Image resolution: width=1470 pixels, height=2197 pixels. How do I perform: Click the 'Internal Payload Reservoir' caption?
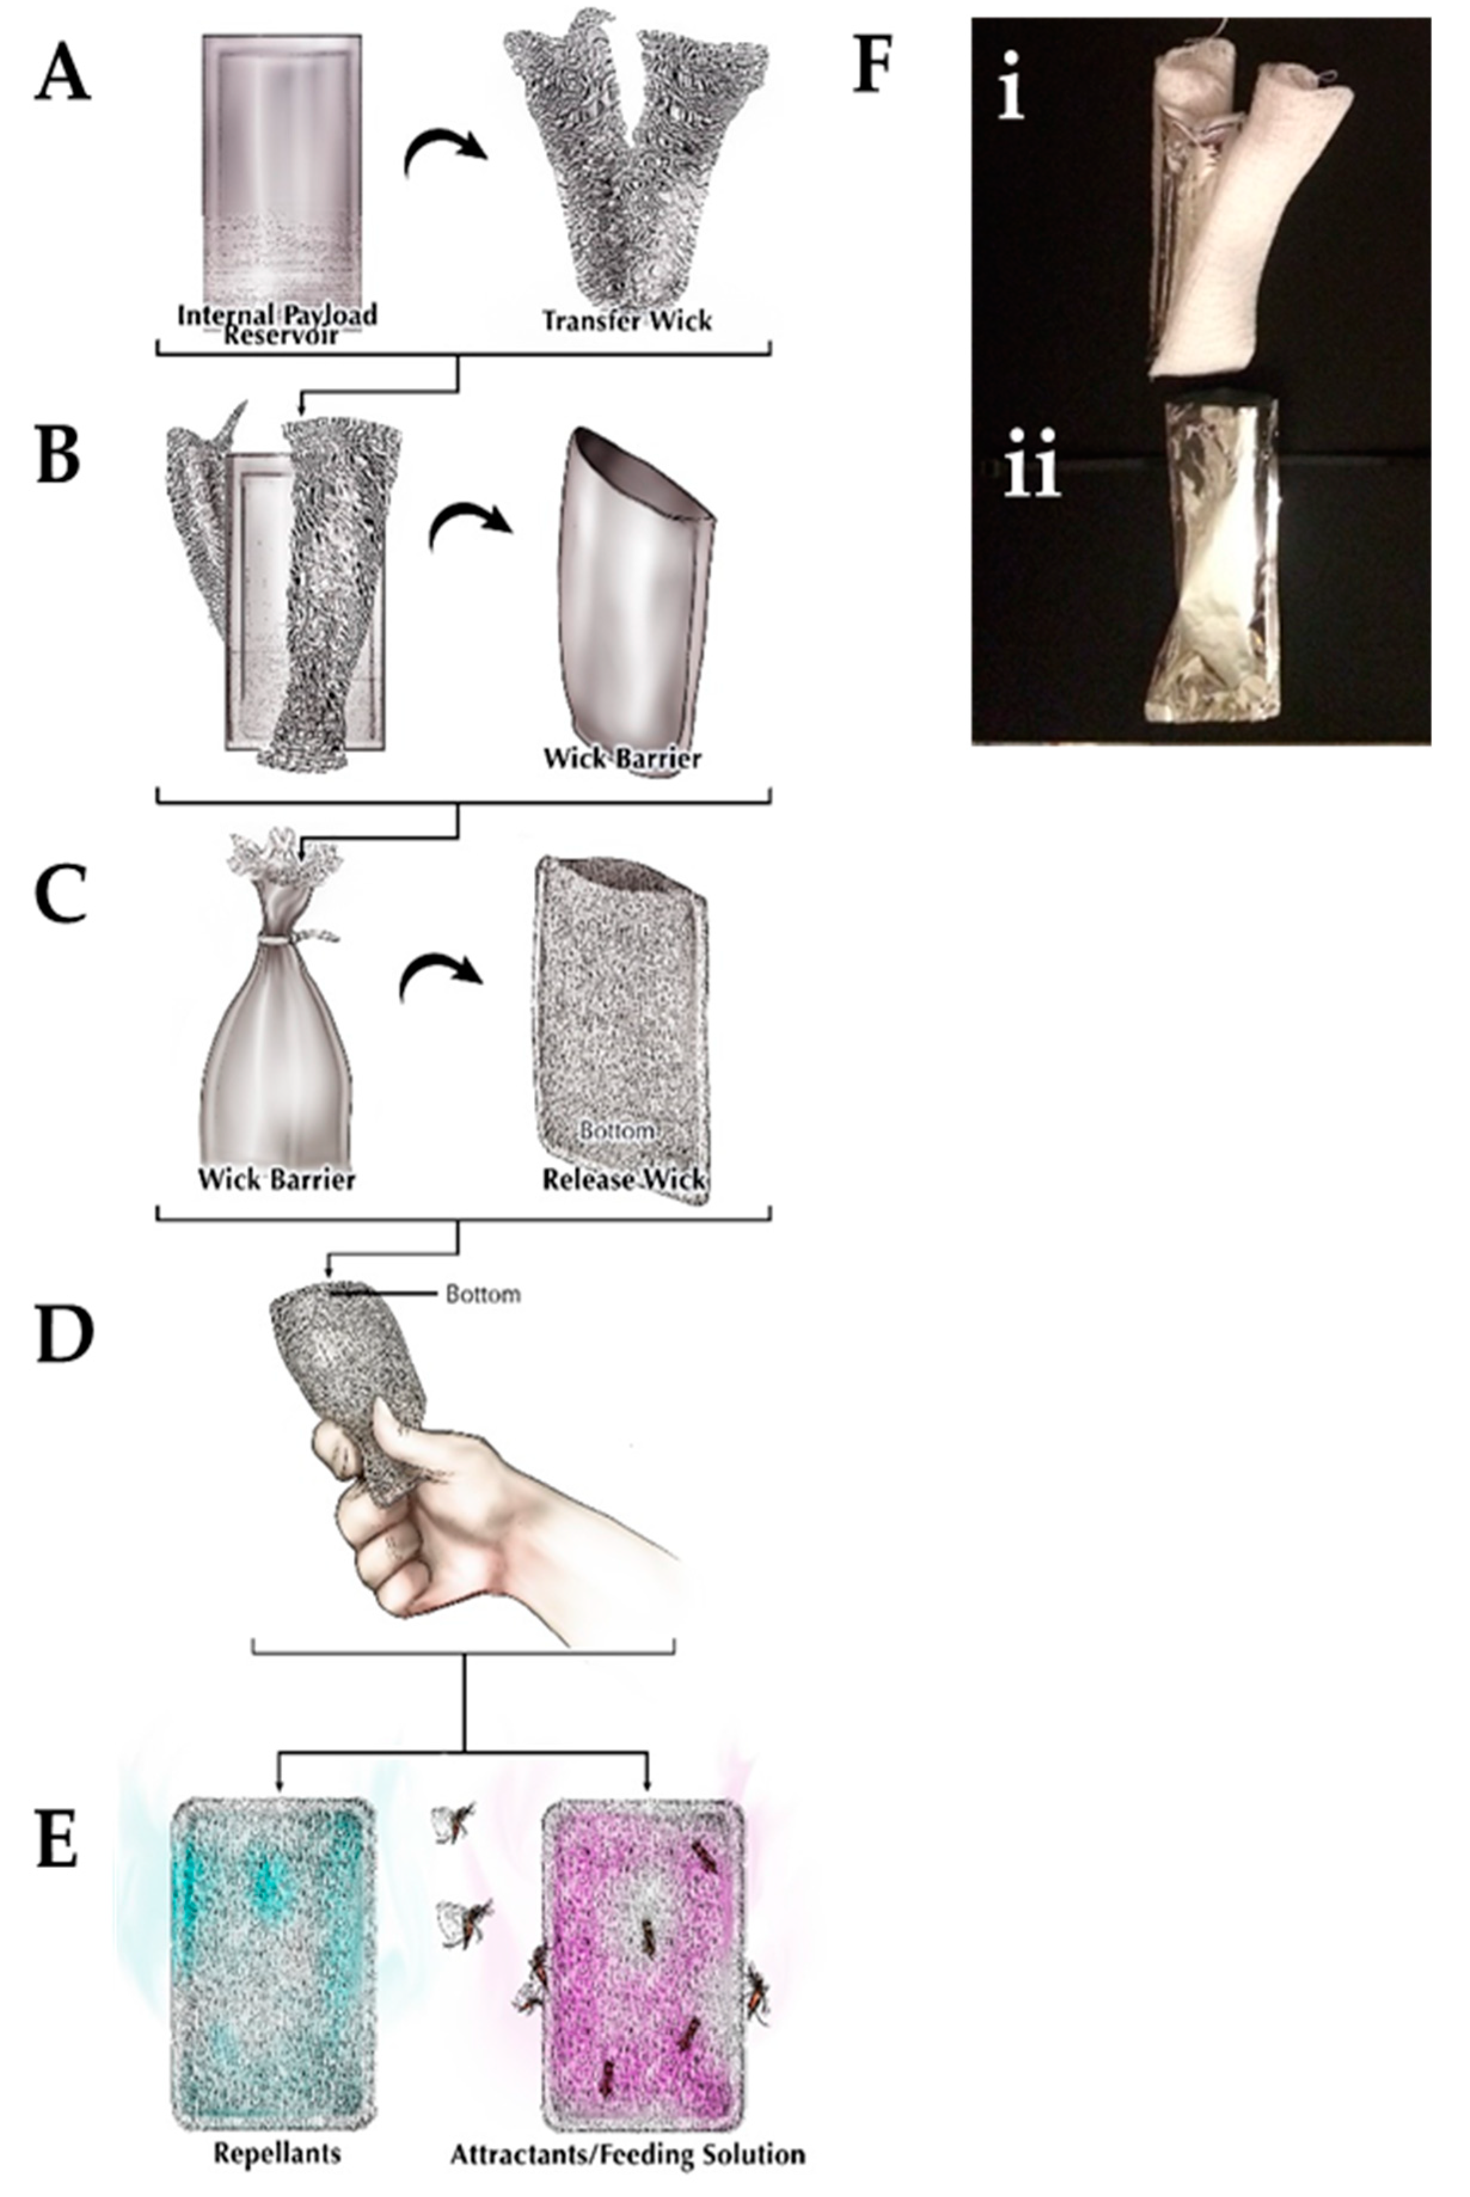pos(278,323)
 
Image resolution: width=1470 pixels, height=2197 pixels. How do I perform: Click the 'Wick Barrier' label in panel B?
pos(622,758)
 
